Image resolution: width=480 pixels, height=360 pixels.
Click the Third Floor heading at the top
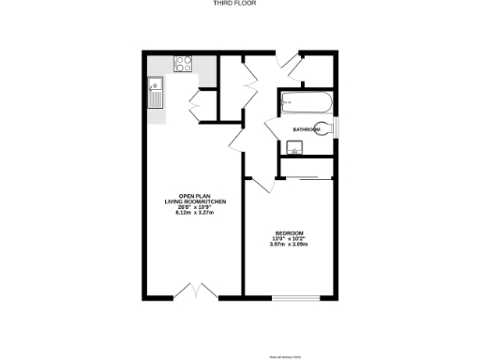point(240,4)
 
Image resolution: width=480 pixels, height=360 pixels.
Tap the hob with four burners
point(183,65)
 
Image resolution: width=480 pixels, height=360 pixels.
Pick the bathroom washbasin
point(292,146)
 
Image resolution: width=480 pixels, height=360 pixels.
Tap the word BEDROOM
point(289,232)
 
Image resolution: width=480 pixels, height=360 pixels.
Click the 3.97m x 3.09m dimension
point(289,245)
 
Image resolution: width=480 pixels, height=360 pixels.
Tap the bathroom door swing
point(271,131)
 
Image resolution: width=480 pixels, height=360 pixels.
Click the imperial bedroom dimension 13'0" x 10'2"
point(289,239)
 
